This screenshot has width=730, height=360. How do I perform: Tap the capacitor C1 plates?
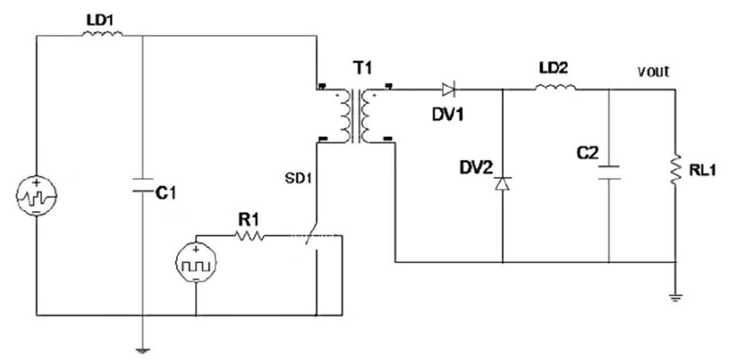point(142,186)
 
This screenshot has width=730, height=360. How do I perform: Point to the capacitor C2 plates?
point(608,173)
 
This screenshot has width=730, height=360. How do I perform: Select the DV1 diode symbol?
point(448,89)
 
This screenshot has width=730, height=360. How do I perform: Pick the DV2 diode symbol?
point(502,183)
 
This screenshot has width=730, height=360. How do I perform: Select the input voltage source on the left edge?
point(36,196)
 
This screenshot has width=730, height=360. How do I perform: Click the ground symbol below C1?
point(142,350)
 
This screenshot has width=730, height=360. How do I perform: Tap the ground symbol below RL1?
point(677,297)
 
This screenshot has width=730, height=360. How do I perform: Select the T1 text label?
point(362,68)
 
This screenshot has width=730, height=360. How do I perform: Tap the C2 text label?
point(587,153)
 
